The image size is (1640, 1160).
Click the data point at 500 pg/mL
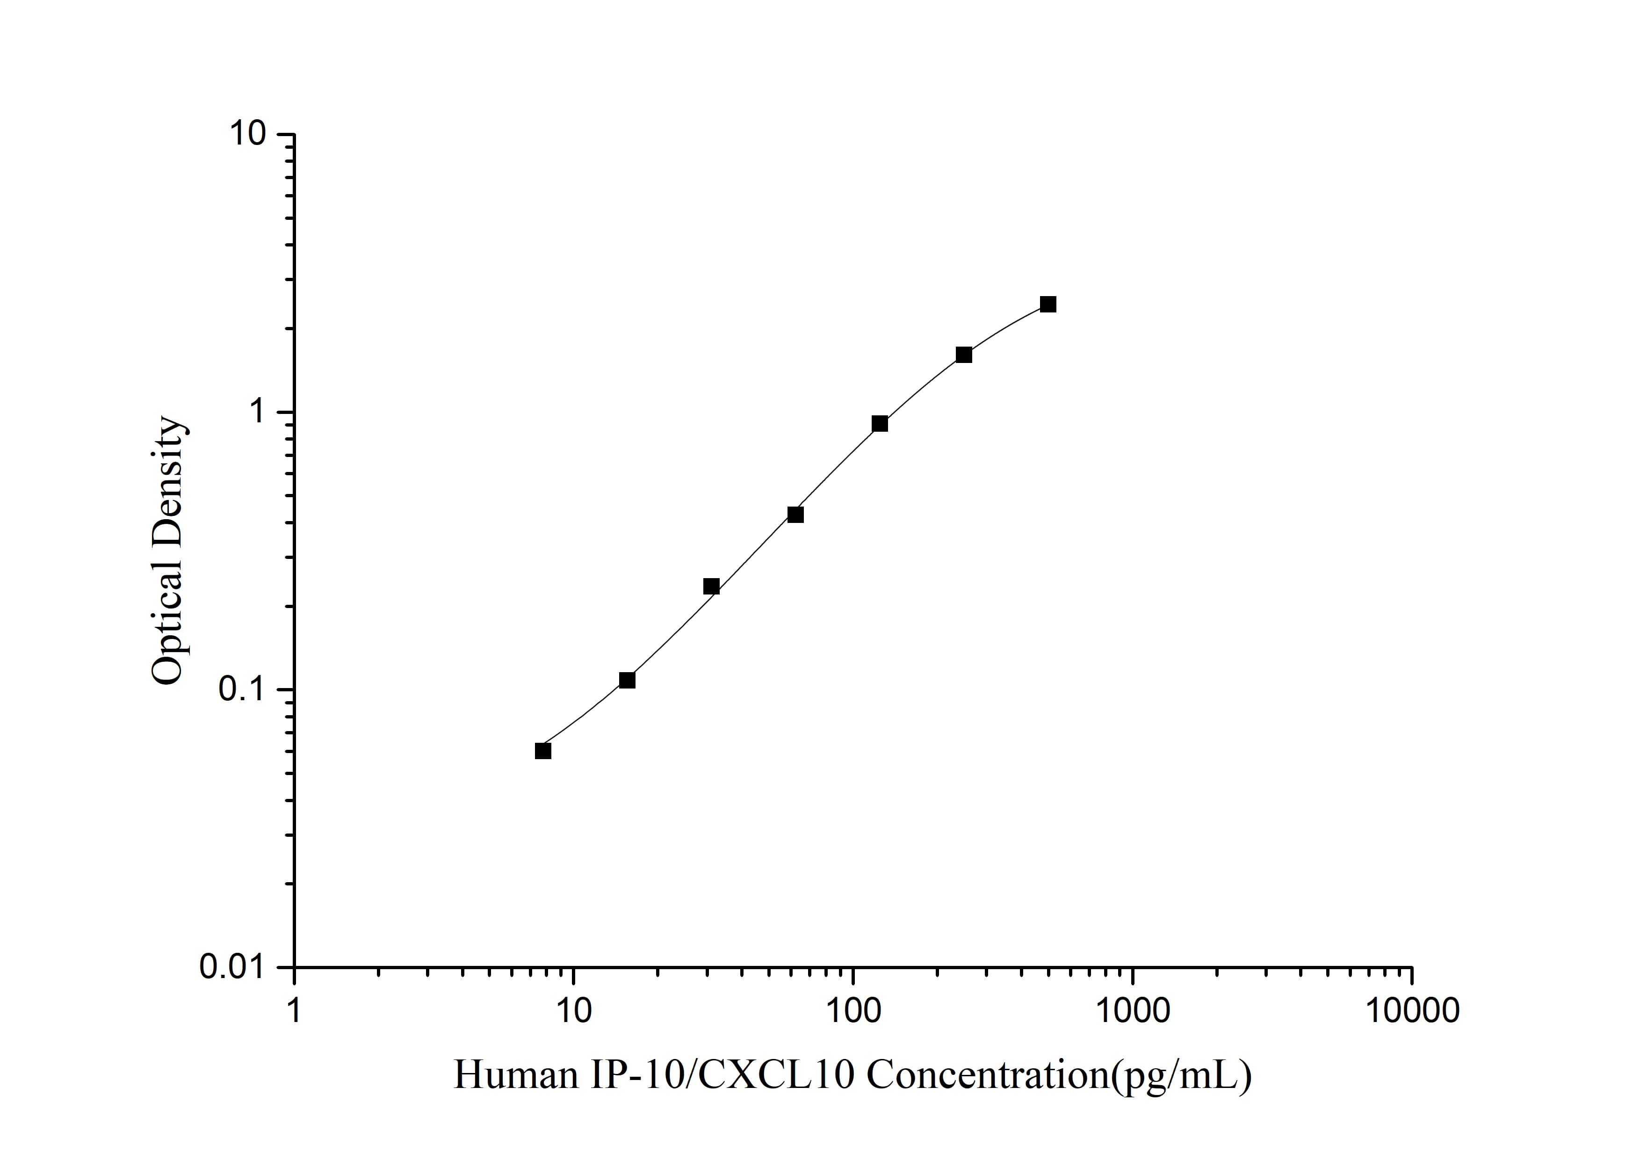click(x=1048, y=304)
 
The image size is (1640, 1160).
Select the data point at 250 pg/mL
click(x=964, y=355)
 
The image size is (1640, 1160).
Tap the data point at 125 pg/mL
click(x=880, y=424)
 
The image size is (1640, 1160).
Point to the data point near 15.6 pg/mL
click(x=627, y=680)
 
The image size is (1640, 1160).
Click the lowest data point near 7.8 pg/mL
click(x=543, y=751)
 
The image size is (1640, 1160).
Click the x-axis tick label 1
click(x=294, y=1011)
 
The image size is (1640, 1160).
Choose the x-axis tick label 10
click(x=574, y=1011)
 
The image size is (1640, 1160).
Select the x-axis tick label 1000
click(x=1132, y=1011)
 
